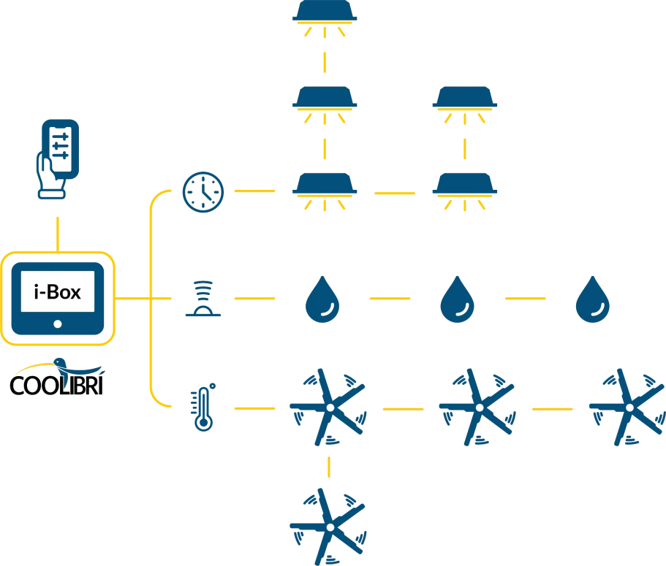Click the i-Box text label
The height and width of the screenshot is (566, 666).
click(x=58, y=292)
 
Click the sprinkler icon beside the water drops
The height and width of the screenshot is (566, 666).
click(x=203, y=299)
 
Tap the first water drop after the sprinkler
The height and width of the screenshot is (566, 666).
click(x=323, y=299)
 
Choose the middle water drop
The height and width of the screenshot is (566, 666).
click(x=458, y=299)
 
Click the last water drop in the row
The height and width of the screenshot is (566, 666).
click(x=593, y=299)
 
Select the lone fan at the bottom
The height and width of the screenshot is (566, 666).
click(x=328, y=524)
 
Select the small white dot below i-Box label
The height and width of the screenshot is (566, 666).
click(x=58, y=324)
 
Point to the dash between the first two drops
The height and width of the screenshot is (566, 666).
click(x=391, y=299)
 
